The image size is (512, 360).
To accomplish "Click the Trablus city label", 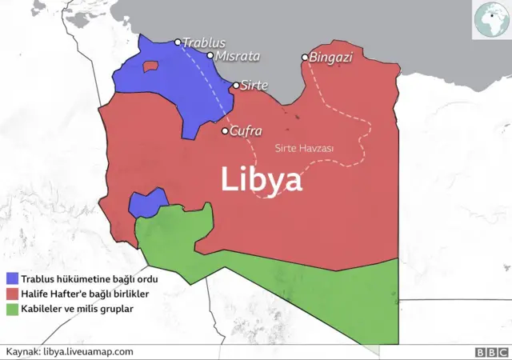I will point(204,42).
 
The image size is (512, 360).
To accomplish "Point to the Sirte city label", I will point(254,85).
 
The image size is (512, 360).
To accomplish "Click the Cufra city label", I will point(246,131).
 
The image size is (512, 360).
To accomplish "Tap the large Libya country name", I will point(262,179).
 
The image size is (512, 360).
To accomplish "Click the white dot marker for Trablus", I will point(178,42).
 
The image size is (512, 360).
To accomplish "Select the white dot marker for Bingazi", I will point(305,58).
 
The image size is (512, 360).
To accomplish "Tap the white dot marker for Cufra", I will point(225,131).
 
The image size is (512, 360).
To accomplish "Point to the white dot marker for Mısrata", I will point(210,56).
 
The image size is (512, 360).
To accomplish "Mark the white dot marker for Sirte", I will point(236,85).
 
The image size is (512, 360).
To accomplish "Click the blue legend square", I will point(12,279).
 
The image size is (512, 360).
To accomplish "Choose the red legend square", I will point(12,294).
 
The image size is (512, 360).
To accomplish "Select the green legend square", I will point(12,308).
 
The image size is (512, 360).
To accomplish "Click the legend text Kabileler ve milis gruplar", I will point(77,308).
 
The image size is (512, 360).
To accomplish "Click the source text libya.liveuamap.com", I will point(88,351).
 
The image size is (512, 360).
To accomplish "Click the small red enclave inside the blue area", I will point(150,66).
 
